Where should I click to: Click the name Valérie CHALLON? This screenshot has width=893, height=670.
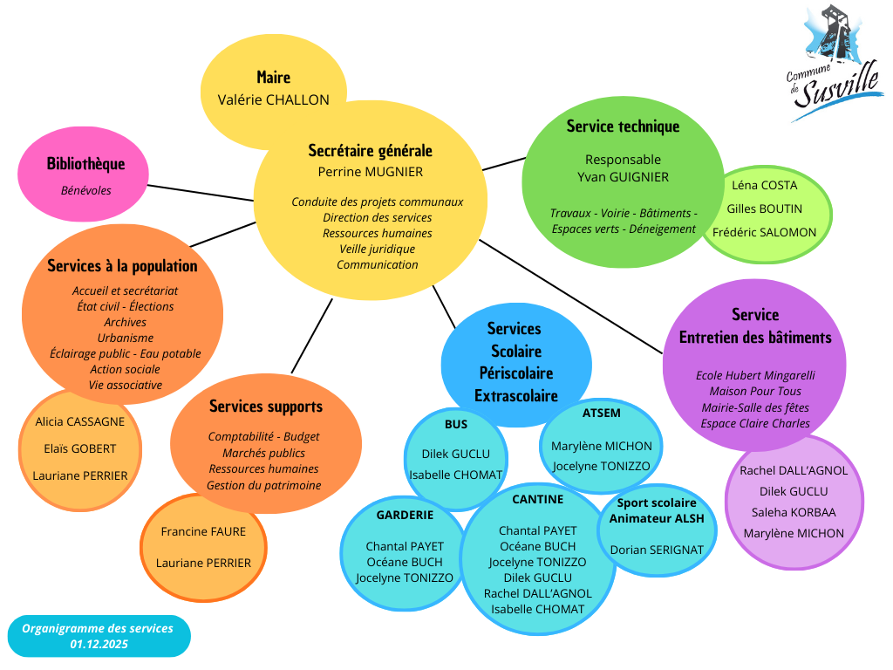273,99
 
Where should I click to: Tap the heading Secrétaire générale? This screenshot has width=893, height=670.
370,151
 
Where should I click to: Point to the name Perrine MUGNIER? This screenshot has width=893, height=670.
370,172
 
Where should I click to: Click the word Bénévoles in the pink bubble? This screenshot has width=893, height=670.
85,190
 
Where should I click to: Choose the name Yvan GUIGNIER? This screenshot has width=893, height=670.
623,177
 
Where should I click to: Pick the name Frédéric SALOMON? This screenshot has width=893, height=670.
764,232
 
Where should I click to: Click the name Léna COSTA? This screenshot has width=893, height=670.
764,185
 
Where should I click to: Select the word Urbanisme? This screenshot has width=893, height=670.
126,338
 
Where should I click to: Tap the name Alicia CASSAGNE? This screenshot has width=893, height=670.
80,421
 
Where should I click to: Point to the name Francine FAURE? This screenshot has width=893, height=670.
203,531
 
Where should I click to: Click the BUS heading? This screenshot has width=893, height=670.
455,425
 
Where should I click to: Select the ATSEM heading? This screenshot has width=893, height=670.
602,413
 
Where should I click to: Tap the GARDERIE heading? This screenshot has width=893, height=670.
405,515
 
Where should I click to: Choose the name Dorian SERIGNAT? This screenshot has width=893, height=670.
658,550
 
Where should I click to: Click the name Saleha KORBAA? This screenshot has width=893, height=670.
794,512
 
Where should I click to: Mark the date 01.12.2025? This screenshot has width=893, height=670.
99,644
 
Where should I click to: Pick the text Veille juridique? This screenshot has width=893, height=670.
377,249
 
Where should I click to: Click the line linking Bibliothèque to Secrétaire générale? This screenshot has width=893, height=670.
201,193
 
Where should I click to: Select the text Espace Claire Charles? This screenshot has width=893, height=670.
755,423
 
